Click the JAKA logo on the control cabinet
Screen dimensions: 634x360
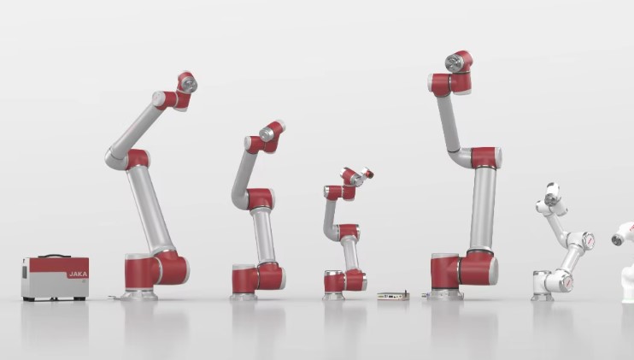coord(78,274)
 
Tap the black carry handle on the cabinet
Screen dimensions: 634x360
coord(54,256)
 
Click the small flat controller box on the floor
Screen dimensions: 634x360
coord(393,296)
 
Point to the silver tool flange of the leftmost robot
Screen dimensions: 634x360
coord(189,84)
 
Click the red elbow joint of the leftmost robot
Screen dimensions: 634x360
coord(137,159)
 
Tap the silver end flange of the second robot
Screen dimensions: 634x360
coord(267,133)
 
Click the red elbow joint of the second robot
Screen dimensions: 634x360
coord(260,198)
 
